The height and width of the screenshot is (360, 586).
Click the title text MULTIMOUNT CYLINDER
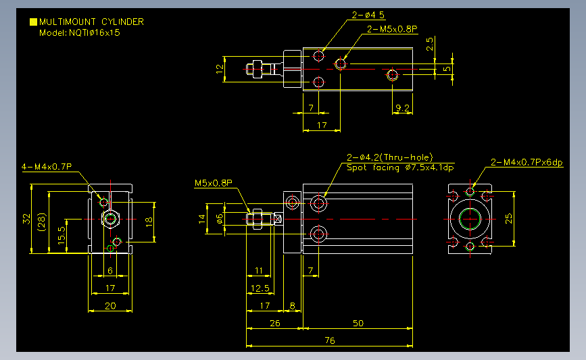(x=91, y=22)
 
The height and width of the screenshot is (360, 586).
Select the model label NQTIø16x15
(x=94, y=33)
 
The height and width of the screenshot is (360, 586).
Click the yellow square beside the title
(x=33, y=22)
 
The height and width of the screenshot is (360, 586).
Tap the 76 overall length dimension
(x=330, y=340)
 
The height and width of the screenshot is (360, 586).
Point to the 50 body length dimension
(x=358, y=323)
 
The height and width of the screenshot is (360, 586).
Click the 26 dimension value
(x=274, y=323)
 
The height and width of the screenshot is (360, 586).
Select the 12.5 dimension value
(x=260, y=288)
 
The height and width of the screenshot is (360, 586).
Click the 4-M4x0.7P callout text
(x=47, y=167)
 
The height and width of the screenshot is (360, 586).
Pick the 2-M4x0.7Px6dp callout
(x=527, y=162)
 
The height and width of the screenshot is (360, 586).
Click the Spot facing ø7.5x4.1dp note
(x=400, y=168)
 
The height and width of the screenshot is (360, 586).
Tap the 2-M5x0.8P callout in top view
(x=392, y=29)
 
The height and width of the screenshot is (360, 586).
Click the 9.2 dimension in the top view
(x=403, y=108)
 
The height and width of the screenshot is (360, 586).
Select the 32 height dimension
(x=26, y=219)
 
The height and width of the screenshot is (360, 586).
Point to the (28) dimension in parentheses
(x=41, y=222)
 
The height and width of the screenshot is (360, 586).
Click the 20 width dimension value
(x=110, y=306)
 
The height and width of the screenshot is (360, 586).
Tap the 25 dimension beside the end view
(x=509, y=218)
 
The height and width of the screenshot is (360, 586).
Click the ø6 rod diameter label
(x=220, y=219)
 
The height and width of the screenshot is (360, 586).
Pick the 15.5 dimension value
(x=62, y=235)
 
